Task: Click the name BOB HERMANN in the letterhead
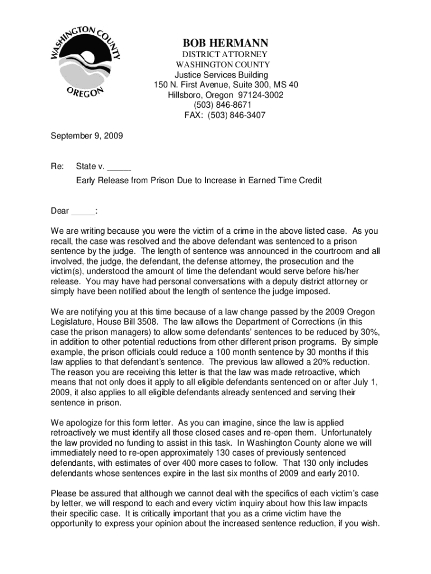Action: point(226,43)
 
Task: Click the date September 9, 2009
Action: point(87,136)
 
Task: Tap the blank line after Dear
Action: point(83,211)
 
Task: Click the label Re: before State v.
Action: point(57,166)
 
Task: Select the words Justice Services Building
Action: point(222,75)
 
